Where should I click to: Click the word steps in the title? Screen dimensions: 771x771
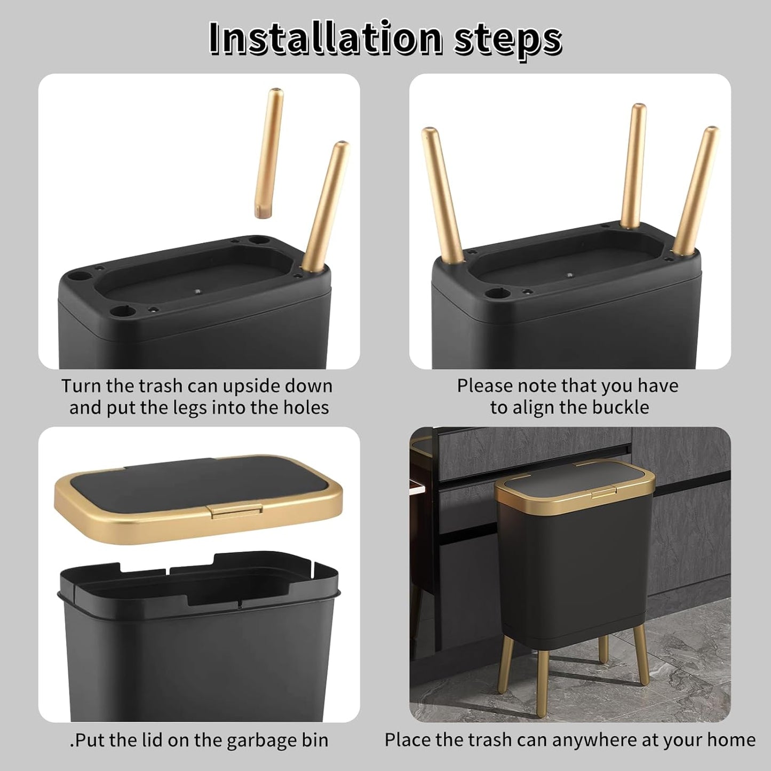point(507,38)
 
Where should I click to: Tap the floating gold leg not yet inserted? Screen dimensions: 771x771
point(269,154)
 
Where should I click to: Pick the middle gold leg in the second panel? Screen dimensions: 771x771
point(634,165)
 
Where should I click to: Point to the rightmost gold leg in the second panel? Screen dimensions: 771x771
point(696,189)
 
